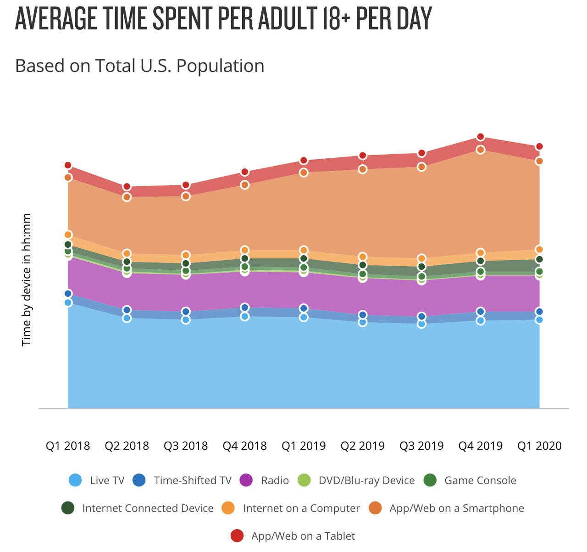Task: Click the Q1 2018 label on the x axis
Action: coord(68,446)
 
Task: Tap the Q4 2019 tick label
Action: coord(481,446)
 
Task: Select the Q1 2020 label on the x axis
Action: coord(539,446)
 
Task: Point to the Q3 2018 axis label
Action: coord(186,446)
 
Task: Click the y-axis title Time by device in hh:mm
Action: coord(27,279)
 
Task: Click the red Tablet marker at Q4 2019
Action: coord(481,137)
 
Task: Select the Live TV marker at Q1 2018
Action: coord(68,302)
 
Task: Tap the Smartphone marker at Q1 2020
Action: coord(539,161)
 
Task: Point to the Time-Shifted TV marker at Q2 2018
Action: coord(127,310)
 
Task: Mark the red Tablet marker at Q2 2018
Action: coord(127,187)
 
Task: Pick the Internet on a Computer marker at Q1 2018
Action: coord(68,235)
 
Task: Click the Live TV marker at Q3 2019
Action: coord(421,324)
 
